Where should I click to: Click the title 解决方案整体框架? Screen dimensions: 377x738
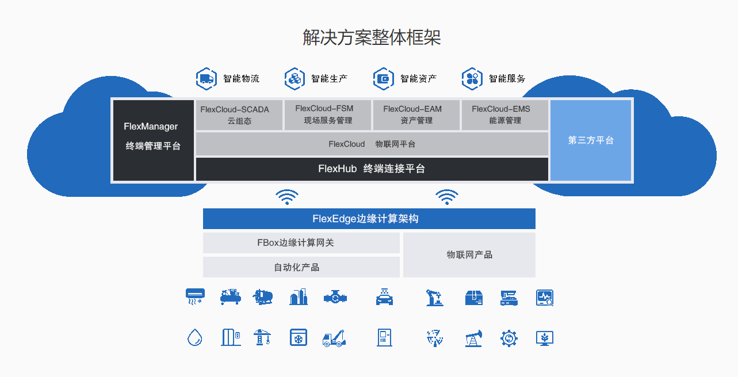372,37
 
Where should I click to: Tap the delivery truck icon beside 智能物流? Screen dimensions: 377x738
205,78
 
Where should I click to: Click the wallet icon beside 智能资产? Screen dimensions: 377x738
383,78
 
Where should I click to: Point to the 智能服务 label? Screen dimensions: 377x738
507,79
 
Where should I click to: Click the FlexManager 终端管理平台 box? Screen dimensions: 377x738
153,140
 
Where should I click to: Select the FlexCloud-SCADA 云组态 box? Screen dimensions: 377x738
239,115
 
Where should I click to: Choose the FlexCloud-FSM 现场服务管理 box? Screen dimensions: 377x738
327,115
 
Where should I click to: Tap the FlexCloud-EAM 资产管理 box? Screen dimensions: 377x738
416,115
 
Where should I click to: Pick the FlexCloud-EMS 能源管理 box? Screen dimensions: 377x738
504,115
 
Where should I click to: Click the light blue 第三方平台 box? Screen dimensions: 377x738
591,140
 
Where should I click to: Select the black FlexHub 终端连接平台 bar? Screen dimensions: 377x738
372,169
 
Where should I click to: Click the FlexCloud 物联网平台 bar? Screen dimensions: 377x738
372,144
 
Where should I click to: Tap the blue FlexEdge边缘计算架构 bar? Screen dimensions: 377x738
369,219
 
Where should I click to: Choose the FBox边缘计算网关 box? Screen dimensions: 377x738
301,243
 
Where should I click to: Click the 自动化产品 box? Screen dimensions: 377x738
301,267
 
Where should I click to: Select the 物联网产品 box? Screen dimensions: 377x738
469,255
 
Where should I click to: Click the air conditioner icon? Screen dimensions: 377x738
195,296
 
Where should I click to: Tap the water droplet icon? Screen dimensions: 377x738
195,337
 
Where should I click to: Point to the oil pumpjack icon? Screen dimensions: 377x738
473,338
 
